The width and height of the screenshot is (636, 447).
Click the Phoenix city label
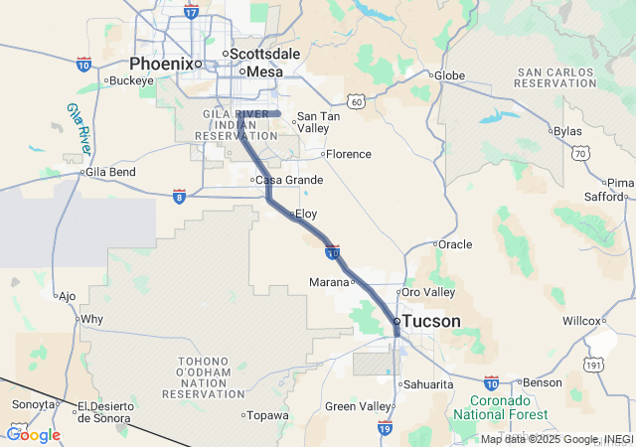[x=160, y=63]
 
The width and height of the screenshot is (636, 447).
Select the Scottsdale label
[x=264, y=53]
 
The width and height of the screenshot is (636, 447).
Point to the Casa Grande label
[x=289, y=180]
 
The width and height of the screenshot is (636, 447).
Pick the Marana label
[x=329, y=282]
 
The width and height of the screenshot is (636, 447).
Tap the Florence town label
[x=349, y=154]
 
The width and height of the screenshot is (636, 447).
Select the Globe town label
[x=450, y=74]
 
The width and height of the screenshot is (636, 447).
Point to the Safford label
[x=603, y=197]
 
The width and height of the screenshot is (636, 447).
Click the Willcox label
[x=580, y=321]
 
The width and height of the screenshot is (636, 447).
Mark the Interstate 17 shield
[x=192, y=12]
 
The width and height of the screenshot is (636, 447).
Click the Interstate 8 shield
[x=179, y=196]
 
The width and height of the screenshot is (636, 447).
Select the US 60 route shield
[x=357, y=100]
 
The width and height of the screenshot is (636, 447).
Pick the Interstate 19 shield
[x=385, y=427]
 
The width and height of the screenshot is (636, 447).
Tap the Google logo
[x=33, y=434]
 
